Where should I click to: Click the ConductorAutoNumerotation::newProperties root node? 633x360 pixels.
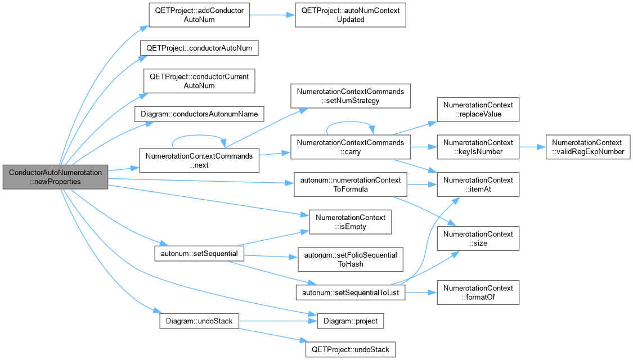coord(55,177)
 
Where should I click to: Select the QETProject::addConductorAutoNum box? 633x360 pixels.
coord(199,15)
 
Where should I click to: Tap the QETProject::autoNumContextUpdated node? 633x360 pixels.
coord(351,15)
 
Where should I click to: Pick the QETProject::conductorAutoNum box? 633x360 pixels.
coord(199,48)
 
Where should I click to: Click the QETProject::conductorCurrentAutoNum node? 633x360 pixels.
coord(199,81)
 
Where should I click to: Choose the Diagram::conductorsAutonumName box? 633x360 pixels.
coord(199,114)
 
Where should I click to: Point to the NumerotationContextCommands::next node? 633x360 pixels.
coord(199,161)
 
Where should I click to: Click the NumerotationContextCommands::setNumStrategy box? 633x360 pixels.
coord(351,96)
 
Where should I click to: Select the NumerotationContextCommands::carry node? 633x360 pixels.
coord(351,147)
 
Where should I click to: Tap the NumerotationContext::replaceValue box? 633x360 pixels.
coord(478,109)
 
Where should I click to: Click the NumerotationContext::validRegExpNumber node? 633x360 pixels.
coord(588,147)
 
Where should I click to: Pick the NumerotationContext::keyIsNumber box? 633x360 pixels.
coord(478,147)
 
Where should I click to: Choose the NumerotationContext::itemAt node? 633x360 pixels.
coord(478,184)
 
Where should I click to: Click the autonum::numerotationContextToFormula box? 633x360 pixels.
coord(351,184)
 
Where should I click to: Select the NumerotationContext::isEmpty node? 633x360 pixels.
coord(351,222)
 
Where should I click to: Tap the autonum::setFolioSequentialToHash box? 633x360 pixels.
coord(351,259)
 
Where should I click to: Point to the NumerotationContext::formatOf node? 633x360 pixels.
coord(478,292)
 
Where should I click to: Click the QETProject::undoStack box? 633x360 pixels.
coord(351,349)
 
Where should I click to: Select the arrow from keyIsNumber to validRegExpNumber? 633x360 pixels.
coord(532,147)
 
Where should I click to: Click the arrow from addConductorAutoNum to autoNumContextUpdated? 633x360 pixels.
coord(272,15)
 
